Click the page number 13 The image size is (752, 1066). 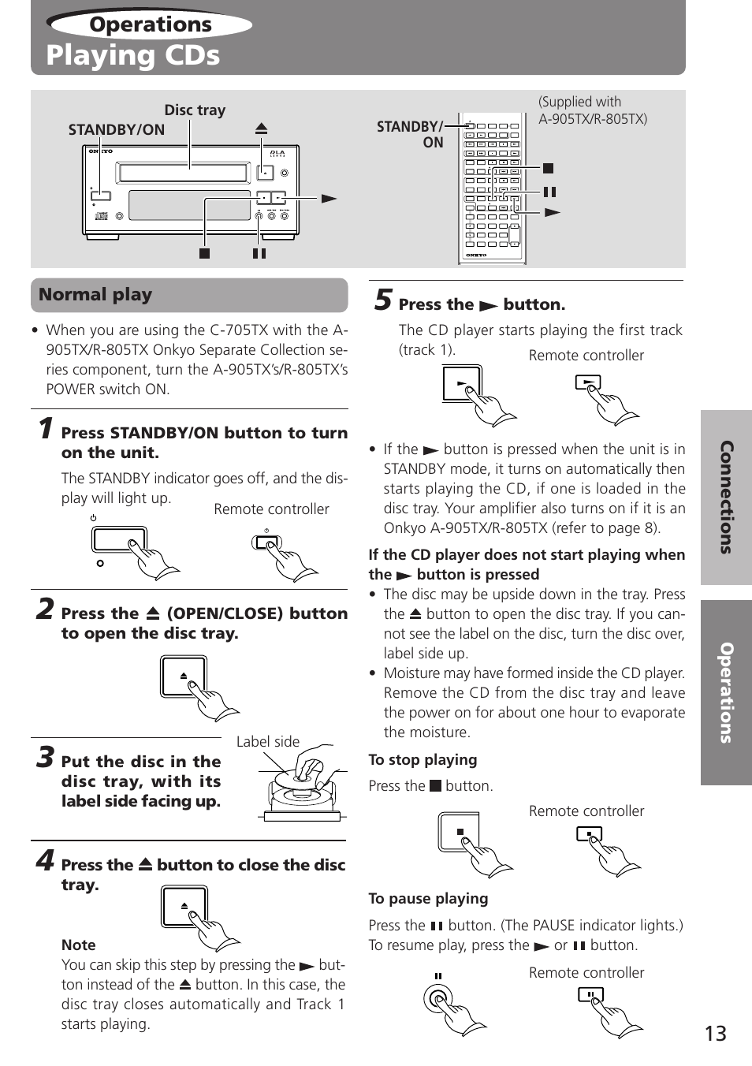[x=715, y=1034]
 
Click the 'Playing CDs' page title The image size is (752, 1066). [x=132, y=55]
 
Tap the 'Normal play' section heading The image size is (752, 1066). [x=95, y=295]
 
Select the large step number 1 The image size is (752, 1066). [x=47, y=428]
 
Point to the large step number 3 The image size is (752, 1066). [x=46, y=757]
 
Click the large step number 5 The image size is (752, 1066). [x=383, y=300]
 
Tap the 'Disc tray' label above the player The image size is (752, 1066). [x=195, y=110]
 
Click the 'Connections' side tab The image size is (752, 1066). [x=726, y=498]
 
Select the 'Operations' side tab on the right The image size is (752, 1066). [x=726, y=692]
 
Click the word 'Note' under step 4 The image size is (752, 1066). [x=79, y=945]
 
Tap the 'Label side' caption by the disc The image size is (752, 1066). [x=268, y=742]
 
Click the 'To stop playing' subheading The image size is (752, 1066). [x=423, y=760]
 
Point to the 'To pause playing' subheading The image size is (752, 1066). [x=428, y=899]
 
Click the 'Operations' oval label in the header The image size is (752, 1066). [x=150, y=24]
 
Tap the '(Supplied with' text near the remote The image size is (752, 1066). [x=579, y=102]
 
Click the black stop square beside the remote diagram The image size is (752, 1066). [x=549, y=168]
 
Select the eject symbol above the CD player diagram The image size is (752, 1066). [x=262, y=129]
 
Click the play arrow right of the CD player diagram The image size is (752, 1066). [x=329, y=199]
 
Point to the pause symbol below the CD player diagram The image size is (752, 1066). [x=259, y=254]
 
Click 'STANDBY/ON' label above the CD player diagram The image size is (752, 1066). [x=117, y=130]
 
